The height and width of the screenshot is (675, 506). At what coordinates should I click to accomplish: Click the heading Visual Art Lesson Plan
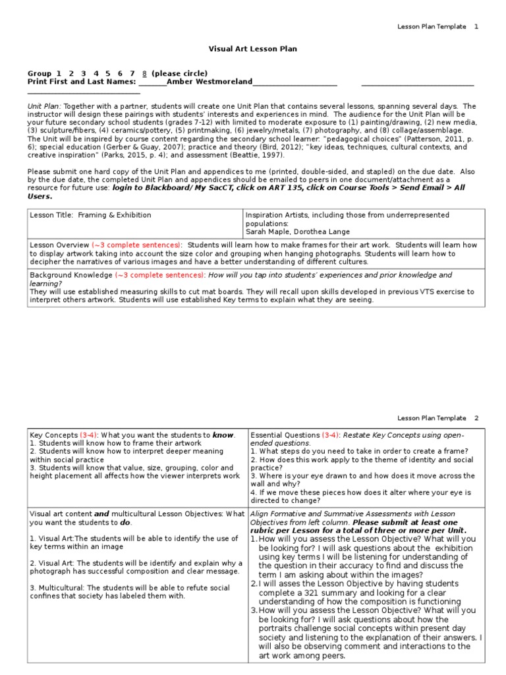(253, 49)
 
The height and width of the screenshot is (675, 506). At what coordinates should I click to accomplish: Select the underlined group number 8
(144, 73)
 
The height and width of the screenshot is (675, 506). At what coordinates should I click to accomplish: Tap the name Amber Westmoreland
(210, 82)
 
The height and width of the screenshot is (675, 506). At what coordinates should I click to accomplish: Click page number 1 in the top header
(476, 26)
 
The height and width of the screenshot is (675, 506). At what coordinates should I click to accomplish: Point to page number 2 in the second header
(476, 418)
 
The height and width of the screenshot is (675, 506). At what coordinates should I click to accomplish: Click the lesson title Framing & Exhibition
(115, 216)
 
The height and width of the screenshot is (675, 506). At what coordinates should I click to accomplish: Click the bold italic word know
(223, 435)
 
